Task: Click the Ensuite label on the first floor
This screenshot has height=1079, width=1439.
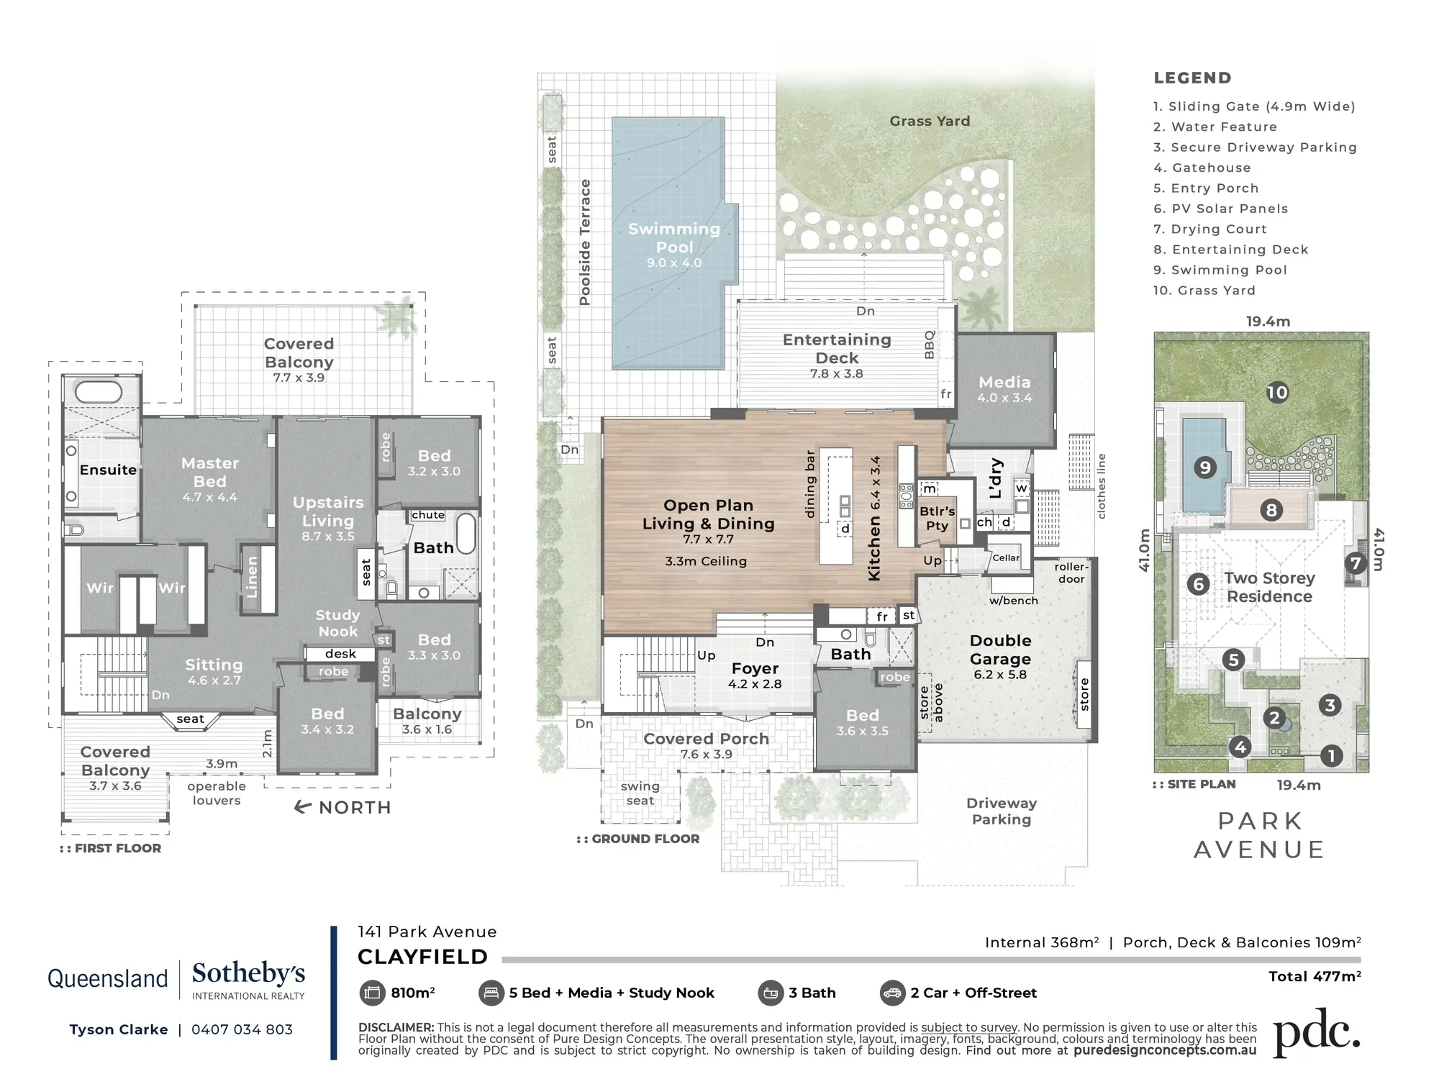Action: [108, 470]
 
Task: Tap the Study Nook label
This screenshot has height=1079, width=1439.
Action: [337, 623]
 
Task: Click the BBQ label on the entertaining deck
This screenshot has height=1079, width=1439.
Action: [930, 345]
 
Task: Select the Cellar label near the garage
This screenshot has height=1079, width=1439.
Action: [1006, 557]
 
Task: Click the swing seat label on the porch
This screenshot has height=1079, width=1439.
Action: [640, 793]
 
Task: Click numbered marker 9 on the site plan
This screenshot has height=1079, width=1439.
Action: [1204, 468]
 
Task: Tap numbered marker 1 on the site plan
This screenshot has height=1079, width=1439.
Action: [1331, 755]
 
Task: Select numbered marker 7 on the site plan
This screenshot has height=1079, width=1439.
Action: [1356, 563]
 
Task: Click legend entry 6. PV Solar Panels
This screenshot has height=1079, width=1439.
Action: [1220, 209]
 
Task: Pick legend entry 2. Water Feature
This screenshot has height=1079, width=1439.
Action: [1215, 127]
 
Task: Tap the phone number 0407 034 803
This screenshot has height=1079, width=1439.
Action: [242, 1029]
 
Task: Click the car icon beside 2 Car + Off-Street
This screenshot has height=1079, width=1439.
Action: [892, 993]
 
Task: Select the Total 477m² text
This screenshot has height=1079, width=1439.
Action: [1315, 976]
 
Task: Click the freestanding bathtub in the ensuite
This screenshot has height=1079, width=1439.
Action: [99, 392]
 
